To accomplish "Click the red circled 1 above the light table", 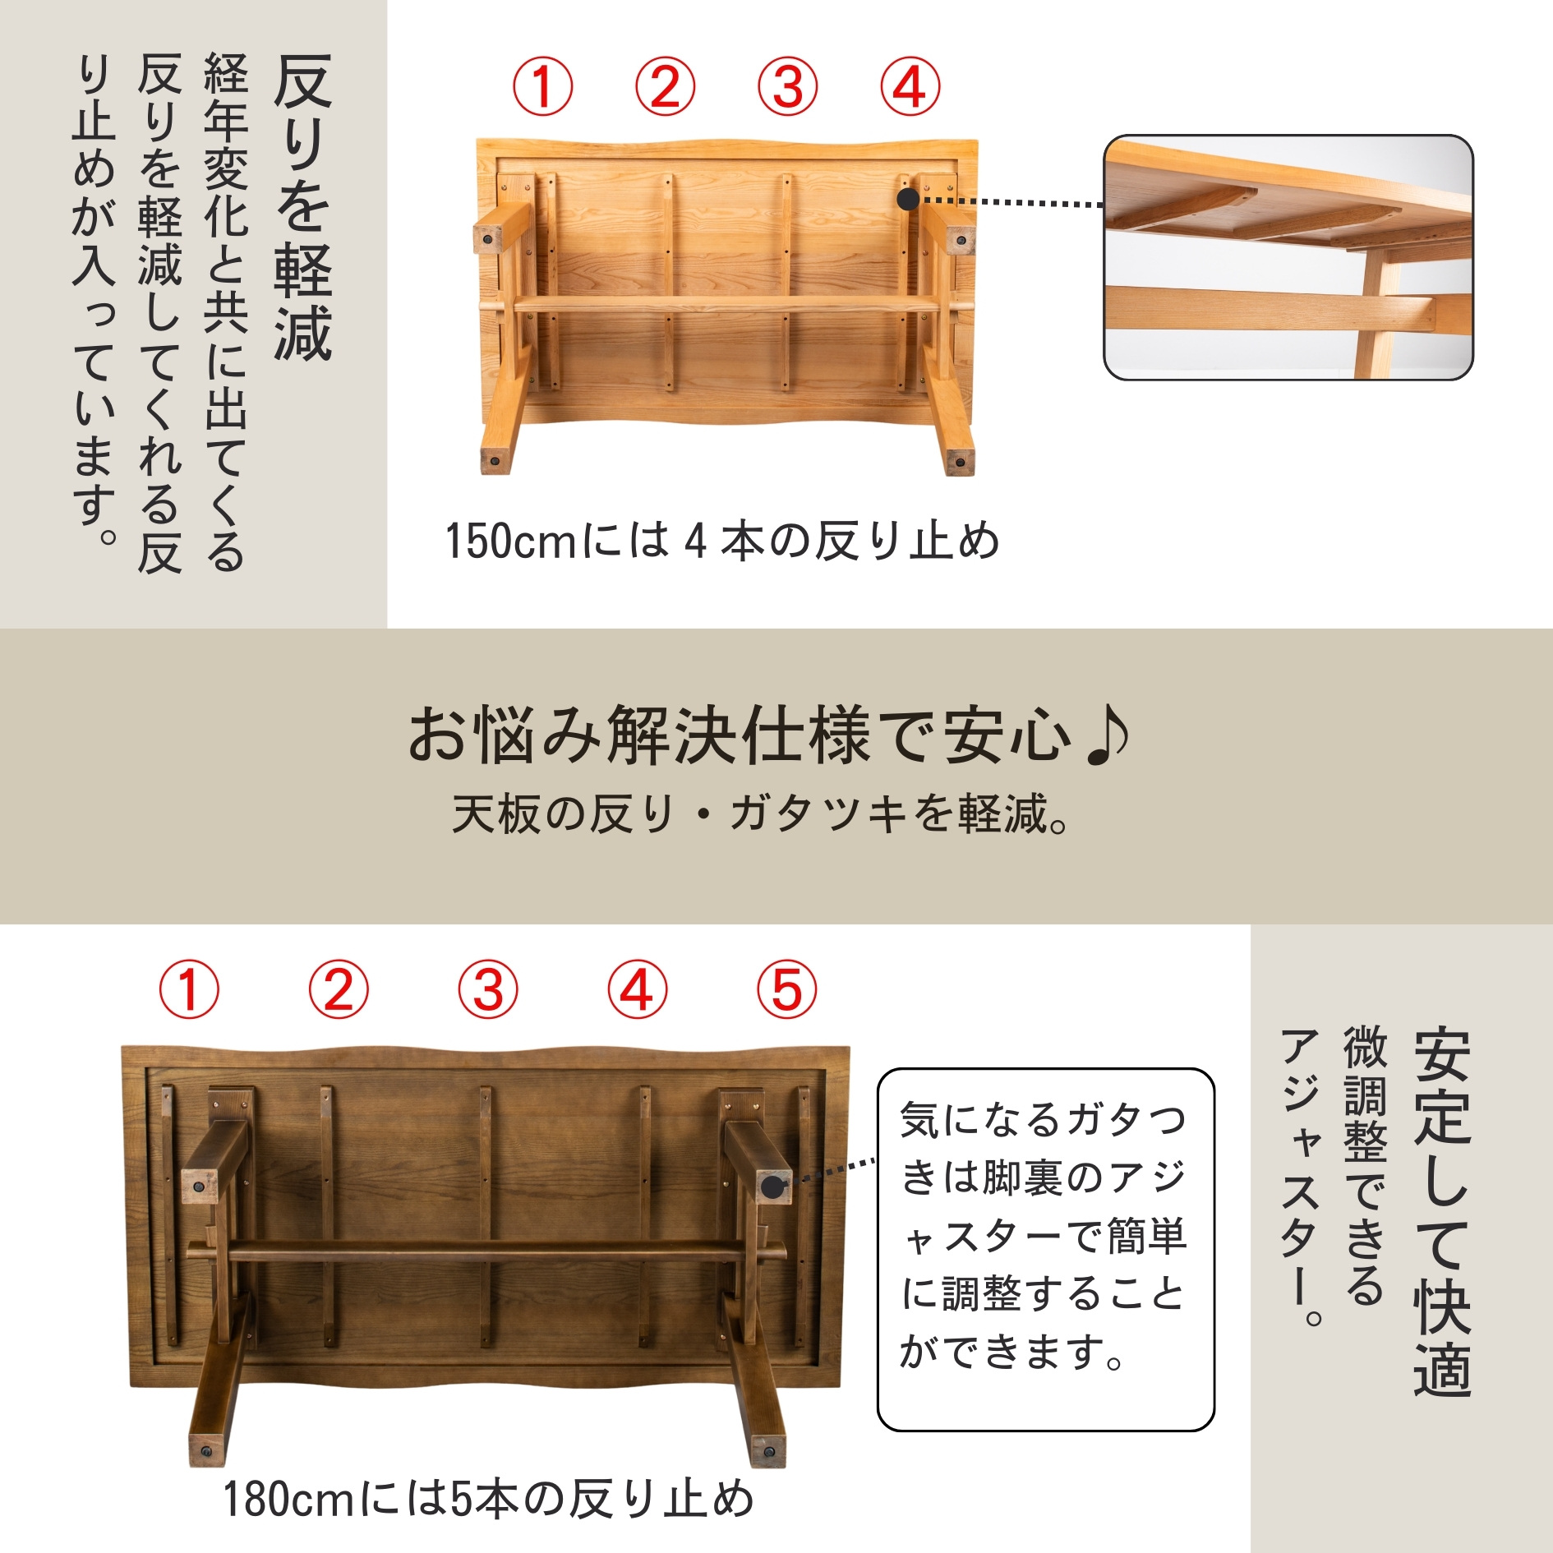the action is pos(542,86).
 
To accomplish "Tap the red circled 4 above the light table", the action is pos(910,86).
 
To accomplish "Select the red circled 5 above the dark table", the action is pos(786,989).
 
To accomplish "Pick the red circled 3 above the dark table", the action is pos(488,989).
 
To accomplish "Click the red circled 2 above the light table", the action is pos(665,86).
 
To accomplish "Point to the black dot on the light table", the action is pos(908,200).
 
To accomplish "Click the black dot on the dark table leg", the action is pos(772,1187).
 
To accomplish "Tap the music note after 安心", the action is pos(1106,735).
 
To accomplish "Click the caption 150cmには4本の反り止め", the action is pos(722,541).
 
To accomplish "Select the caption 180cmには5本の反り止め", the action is pos(489,1499).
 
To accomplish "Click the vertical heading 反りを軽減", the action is pos(303,208).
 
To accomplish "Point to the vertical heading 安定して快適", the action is pos(1442,1212).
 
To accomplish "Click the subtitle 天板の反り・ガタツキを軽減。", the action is pos(760,814).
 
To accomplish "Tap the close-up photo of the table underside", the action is pos(1288,258).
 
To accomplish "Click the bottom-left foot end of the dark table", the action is pos(206,1450).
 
